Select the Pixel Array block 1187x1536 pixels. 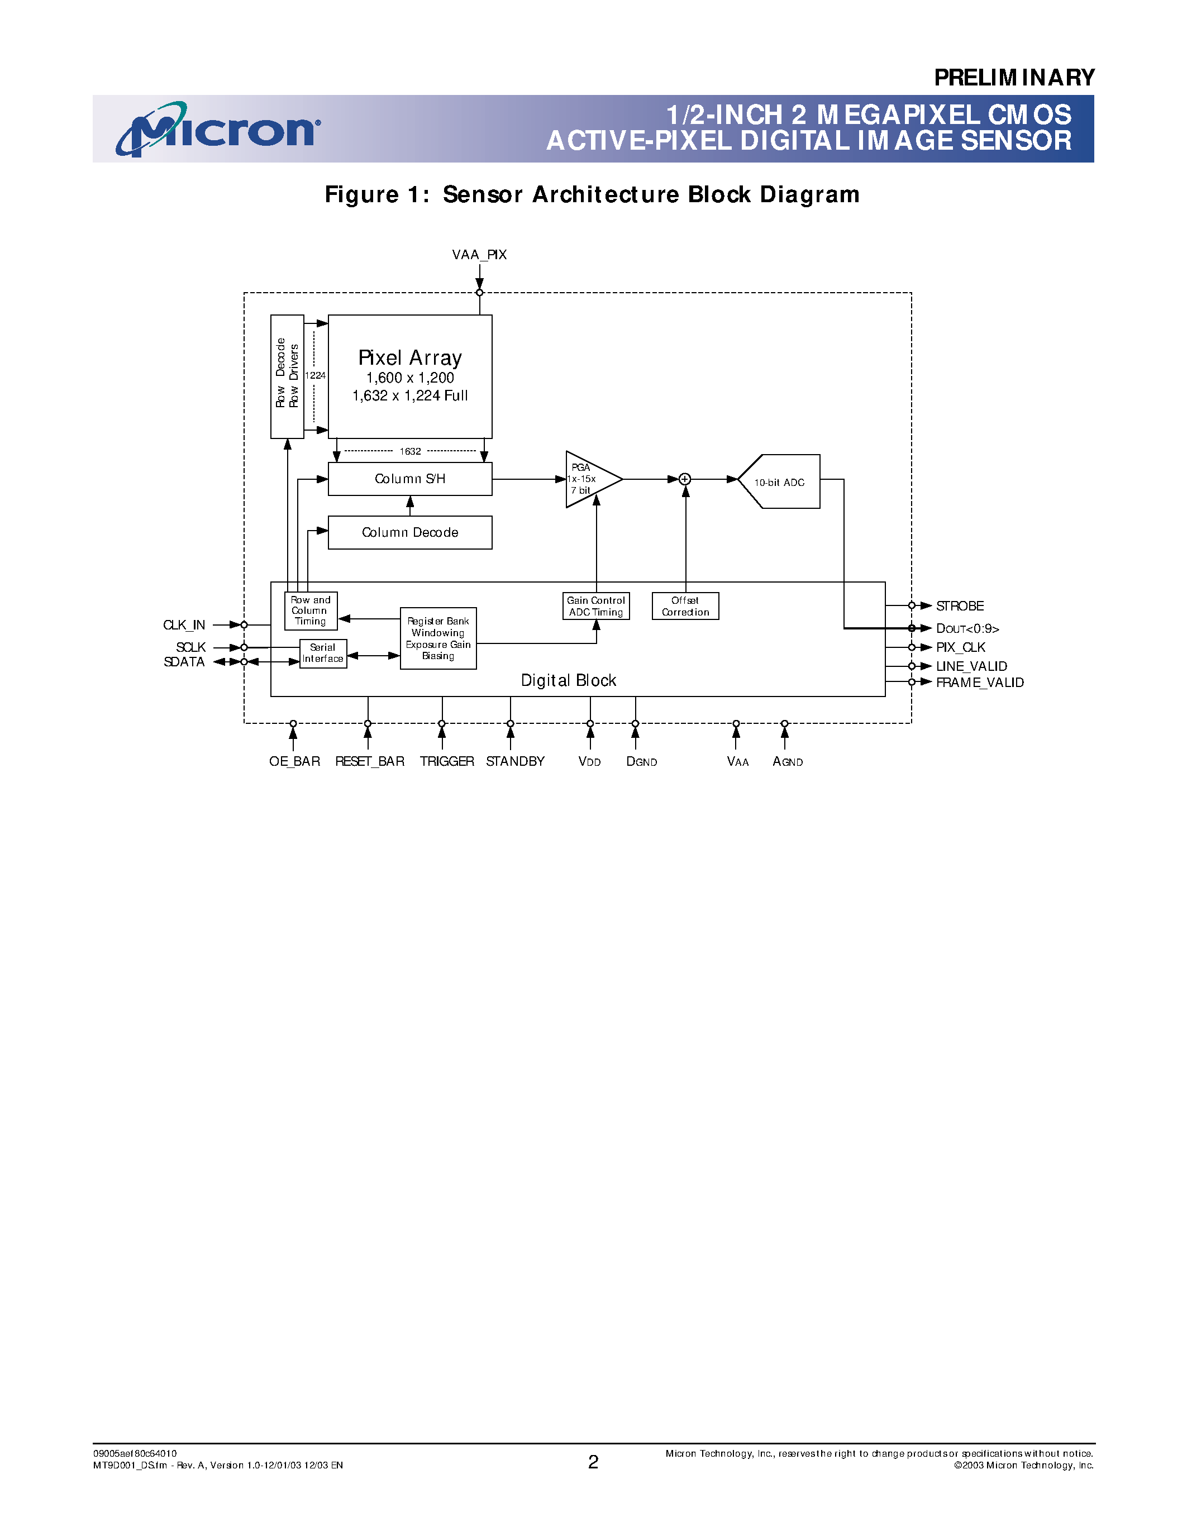(x=410, y=376)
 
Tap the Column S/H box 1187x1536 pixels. (x=410, y=479)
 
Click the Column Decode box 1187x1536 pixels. (x=410, y=532)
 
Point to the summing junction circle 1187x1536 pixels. (x=685, y=479)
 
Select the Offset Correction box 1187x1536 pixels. (x=685, y=606)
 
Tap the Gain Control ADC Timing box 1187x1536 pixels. (x=595, y=606)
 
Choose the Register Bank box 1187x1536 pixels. (x=438, y=638)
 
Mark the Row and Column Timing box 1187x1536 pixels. (x=311, y=610)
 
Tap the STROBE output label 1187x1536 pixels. (x=960, y=606)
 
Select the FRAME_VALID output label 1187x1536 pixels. (x=980, y=682)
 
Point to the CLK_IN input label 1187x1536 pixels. (x=184, y=625)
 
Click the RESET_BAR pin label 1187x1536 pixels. (x=370, y=762)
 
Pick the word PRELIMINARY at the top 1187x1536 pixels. (x=1014, y=78)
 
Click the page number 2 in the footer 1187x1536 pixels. (x=593, y=1462)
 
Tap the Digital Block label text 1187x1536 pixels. (x=568, y=680)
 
